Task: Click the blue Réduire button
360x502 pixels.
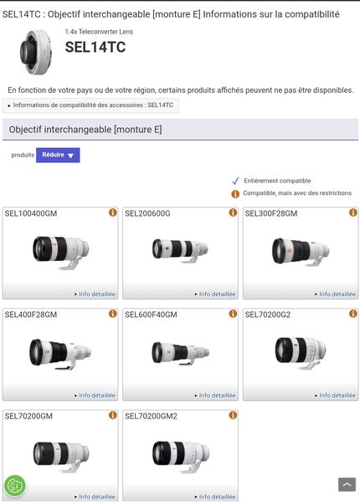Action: coord(58,155)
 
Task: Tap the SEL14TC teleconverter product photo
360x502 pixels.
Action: coord(36,52)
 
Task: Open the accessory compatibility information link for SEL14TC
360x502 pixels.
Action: coord(92,105)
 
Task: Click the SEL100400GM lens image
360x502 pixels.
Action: coord(60,248)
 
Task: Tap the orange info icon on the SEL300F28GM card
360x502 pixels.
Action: coord(353,213)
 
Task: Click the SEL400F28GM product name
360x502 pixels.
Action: coord(31,315)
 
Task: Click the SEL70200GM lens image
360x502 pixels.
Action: coord(60,452)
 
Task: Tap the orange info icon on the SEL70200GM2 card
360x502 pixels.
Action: coord(233,415)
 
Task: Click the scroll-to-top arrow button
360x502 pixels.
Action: coord(346,484)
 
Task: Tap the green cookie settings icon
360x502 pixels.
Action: coord(15,486)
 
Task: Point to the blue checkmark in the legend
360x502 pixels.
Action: coord(235,181)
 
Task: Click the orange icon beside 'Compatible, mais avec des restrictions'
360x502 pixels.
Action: coord(235,193)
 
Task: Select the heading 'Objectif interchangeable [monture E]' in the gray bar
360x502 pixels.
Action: coord(85,130)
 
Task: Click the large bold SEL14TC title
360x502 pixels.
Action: coord(95,48)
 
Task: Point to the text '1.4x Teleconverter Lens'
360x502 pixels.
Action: coord(99,32)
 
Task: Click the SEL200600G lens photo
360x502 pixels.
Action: coord(180,248)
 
